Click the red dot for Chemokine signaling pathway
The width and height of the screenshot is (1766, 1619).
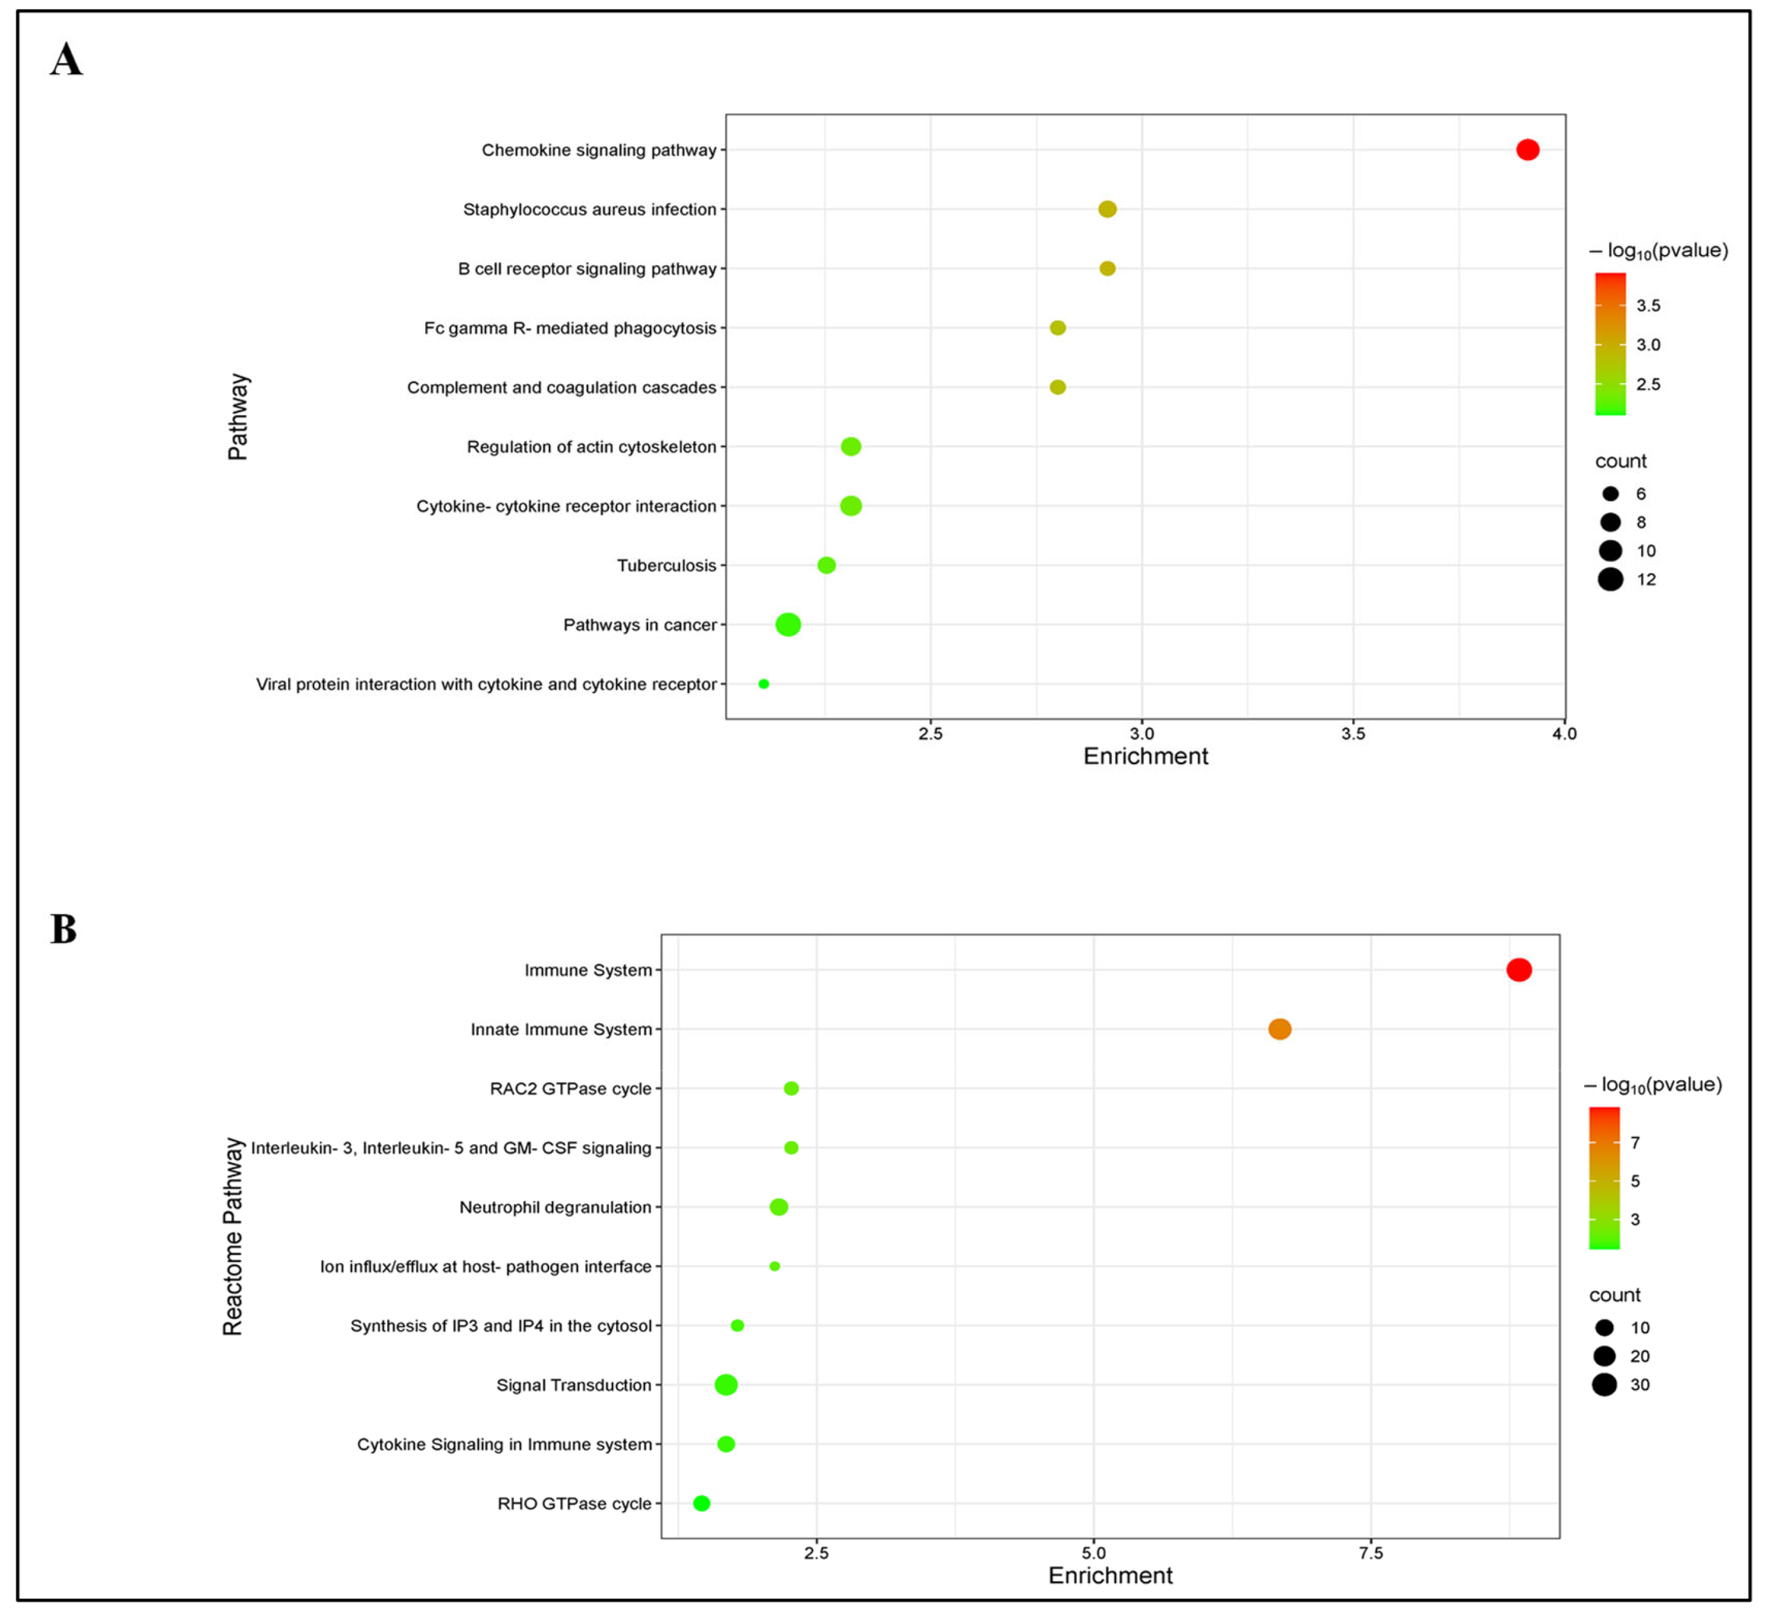[1527, 150]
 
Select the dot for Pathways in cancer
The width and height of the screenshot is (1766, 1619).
[788, 625]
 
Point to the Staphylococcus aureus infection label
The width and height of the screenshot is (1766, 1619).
[589, 210]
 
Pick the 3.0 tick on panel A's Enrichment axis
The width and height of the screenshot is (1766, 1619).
[1141, 733]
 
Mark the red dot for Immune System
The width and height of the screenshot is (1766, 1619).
[1519, 970]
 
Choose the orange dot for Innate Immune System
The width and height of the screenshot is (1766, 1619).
[1280, 1029]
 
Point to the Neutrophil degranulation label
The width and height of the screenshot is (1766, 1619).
[556, 1207]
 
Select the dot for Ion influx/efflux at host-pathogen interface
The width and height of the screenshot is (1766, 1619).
[774, 1266]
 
